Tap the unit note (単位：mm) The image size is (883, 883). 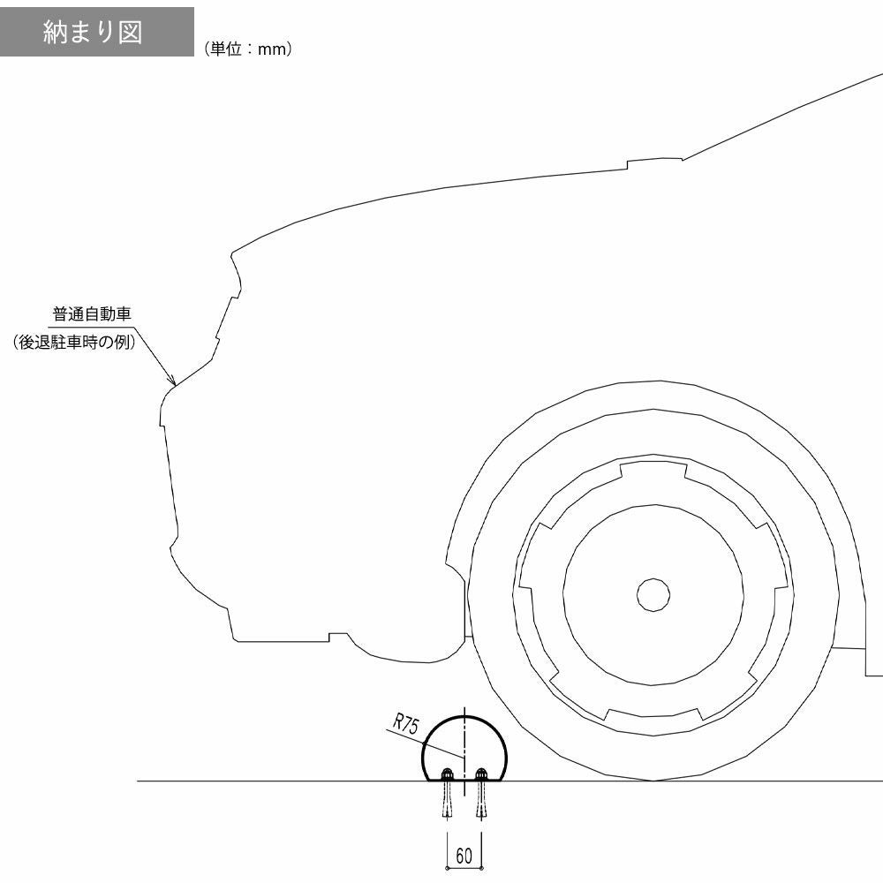pyautogui.click(x=247, y=50)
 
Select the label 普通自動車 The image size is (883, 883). pyautogui.click(x=93, y=314)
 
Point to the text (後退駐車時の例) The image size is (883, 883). pyautogui.click(x=74, y=343)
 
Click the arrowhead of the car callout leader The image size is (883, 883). pyautogui.click(x=174, y=383)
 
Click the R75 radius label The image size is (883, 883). pyautogui.click(x=406, y=726)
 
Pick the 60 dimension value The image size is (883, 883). pyautogui.click(x=464, y=856)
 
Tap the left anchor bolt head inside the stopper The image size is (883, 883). pyautogui.click(x=447, y=774)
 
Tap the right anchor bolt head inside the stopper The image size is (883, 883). pyautogui.click(x=481, y=774)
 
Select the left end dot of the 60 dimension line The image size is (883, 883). pyautogui.click(x=448, y=869)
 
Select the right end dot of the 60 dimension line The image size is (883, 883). pyautogui.click(x=481, y=869)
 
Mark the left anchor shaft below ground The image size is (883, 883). pyautogui.click(x=447, y=801)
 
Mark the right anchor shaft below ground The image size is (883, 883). pyautogui.click(x=481, y=801)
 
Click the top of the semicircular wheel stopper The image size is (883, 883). pyautogui.click(x=464, y=715)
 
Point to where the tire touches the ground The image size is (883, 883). pyautogui.click(x=653, y=781)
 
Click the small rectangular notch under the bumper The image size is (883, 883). pyautogui.click(x=337, y=636)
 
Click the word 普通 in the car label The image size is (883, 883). pyautogui.click(x=67, y=314)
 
